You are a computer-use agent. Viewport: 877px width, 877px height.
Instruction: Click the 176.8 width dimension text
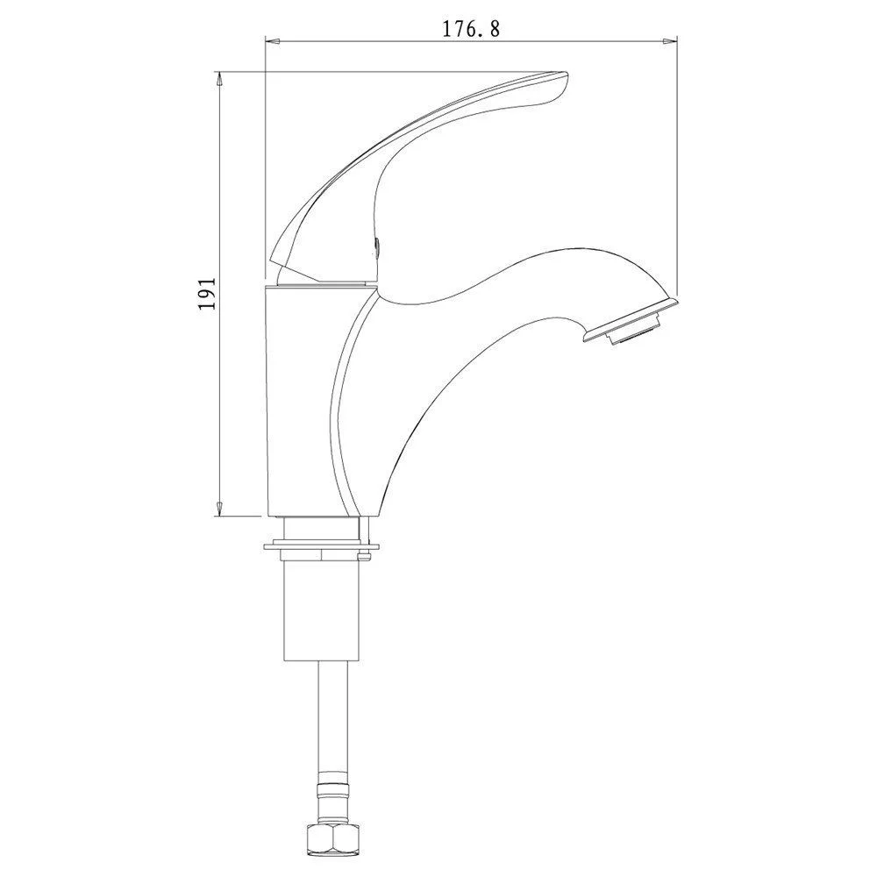471,29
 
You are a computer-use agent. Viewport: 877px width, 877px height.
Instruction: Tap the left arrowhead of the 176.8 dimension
272,41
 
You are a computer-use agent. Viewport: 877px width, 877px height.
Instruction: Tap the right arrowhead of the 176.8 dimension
670,41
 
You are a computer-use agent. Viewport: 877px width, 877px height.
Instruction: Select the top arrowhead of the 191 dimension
219,79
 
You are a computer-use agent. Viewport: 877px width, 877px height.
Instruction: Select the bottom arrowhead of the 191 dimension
219,509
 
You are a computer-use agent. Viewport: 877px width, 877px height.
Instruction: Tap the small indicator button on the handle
377,246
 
